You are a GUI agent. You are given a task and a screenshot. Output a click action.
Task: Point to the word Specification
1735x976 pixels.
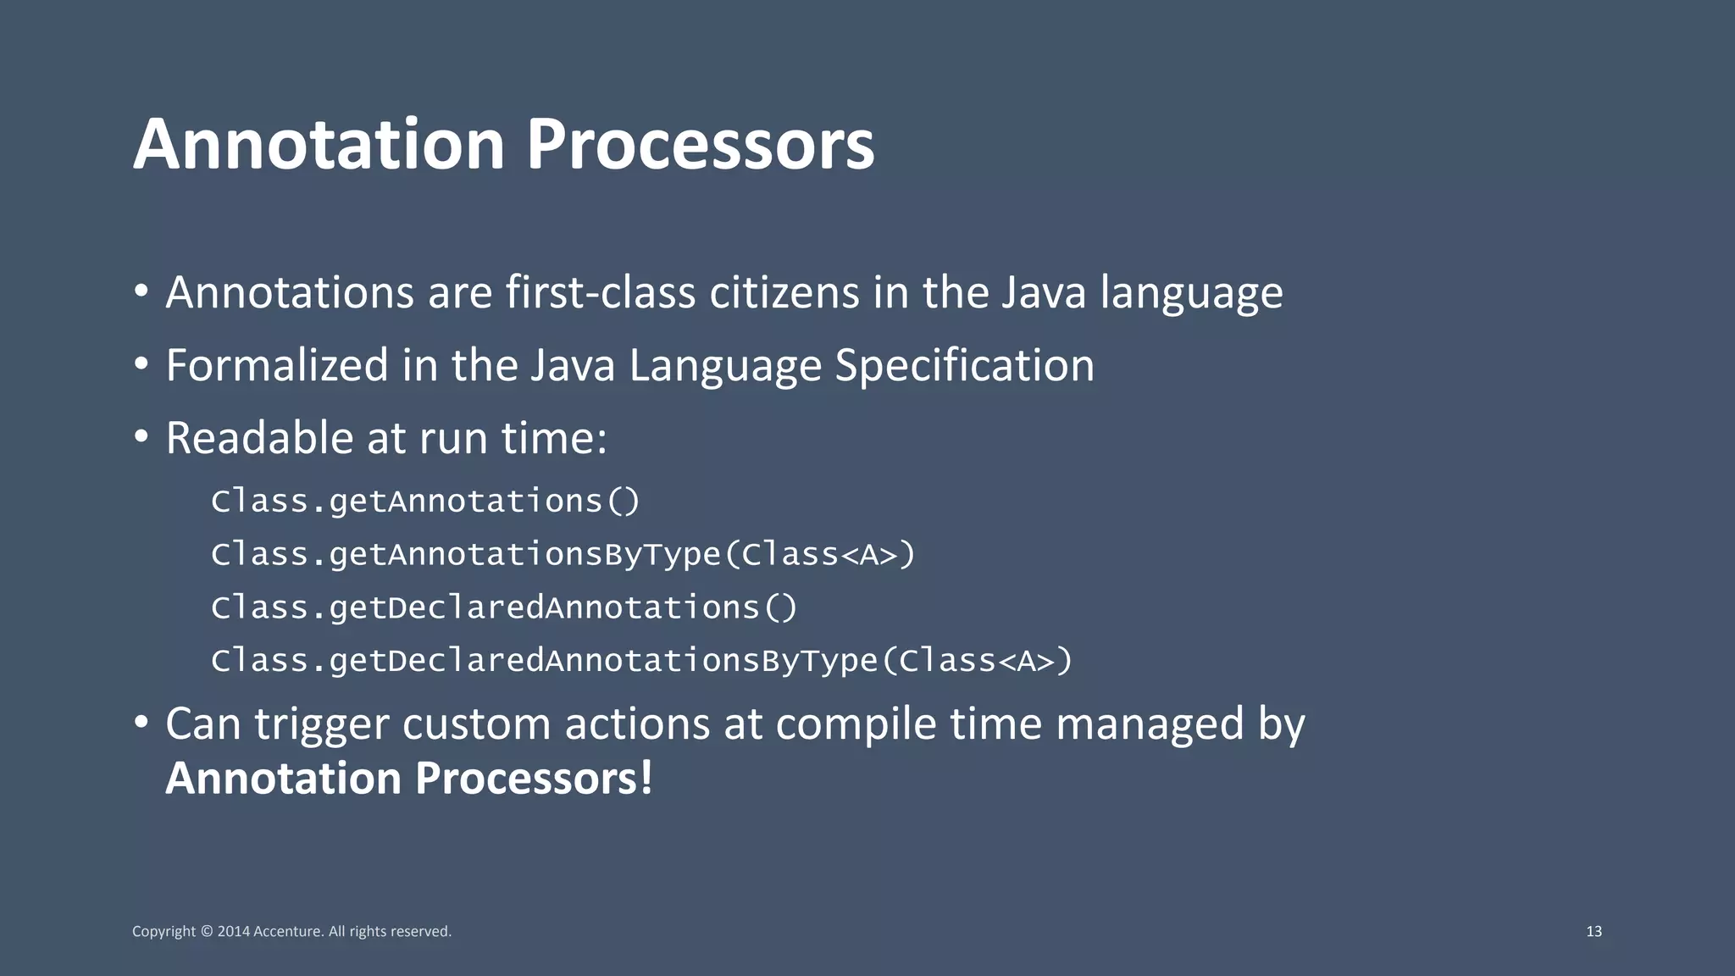click(964, 365)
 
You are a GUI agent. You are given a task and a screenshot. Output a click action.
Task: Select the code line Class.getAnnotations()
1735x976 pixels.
click(425, 502)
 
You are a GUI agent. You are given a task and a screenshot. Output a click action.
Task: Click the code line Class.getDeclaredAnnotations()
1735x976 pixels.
click(504, 607)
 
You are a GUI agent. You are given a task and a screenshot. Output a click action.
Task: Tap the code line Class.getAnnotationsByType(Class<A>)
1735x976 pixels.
click(563, 555)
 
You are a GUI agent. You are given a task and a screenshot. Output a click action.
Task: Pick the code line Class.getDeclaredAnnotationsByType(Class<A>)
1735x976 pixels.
click(641, 661)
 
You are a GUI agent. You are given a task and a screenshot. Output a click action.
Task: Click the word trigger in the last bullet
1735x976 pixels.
click(321, 725)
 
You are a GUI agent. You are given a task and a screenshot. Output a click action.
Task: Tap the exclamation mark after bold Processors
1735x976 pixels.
click(646, 778)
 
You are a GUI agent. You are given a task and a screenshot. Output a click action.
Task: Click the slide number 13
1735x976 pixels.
click(1594, 931)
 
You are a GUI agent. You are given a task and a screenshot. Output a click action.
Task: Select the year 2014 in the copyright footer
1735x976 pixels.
click(234, 931)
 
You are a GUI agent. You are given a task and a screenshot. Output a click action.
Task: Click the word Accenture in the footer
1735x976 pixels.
click(288, 931)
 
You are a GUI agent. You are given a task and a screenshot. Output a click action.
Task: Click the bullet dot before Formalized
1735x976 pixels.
click(141, 365)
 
